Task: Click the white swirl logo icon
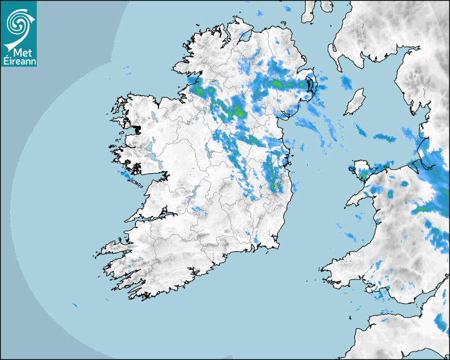point(18,22)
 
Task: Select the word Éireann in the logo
point(20,61)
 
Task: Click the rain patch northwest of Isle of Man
point(347,82)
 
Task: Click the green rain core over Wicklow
point(275,185)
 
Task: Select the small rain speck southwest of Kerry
point(74,305)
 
